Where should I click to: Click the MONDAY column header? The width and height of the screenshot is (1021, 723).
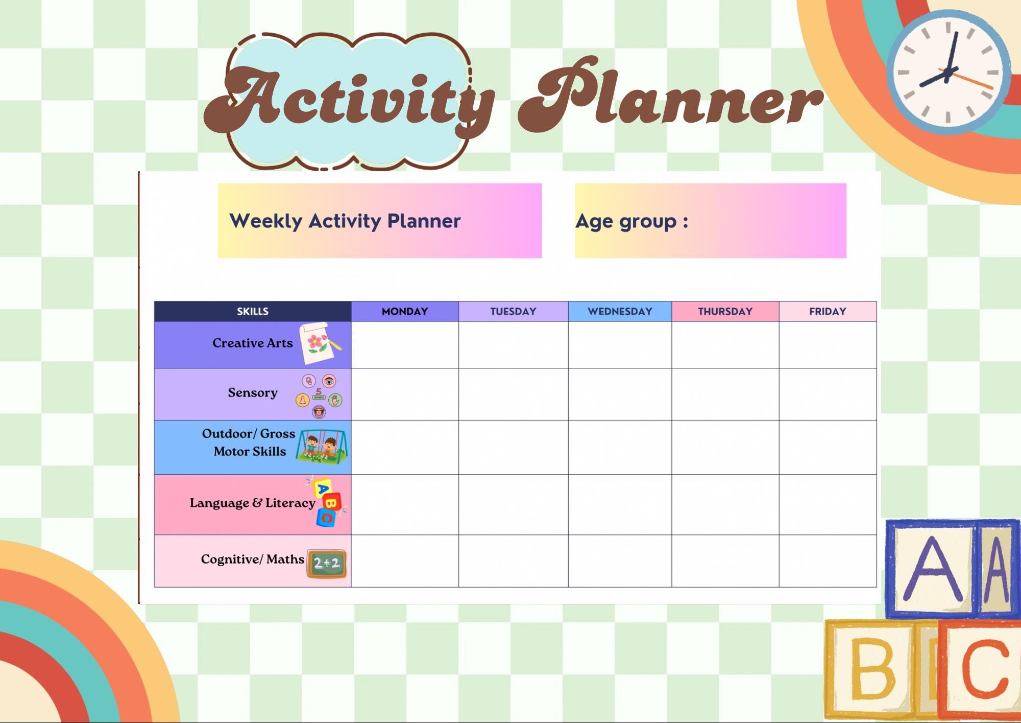coord(405,311)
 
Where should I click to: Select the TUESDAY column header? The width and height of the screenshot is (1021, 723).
coord(513,311)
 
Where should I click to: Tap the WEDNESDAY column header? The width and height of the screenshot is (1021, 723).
coord(620,311)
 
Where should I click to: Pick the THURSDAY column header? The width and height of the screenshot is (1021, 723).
coord(725,311)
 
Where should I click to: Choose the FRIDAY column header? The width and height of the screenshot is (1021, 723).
coord(828,311)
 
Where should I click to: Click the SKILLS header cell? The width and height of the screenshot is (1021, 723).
coord(253,311)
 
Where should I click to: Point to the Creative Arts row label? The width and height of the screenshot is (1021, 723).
coord(253,343)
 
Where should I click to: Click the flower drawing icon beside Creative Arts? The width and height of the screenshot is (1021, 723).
coord(321,343)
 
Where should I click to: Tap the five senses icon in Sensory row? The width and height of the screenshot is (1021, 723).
coord(319,396)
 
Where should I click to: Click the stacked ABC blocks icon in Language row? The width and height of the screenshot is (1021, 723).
coord(327,502)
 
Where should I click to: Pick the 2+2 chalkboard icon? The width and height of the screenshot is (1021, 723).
coord(327,564)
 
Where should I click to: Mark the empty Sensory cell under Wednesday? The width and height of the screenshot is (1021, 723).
coord(620,394)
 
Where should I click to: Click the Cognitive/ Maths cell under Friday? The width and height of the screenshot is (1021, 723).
coord(828,561)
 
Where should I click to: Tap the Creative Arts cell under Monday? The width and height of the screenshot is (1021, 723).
coord(405,345)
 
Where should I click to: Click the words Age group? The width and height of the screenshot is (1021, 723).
coord(626,222)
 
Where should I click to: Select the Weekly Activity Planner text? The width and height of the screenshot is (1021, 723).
coord(345,221)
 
